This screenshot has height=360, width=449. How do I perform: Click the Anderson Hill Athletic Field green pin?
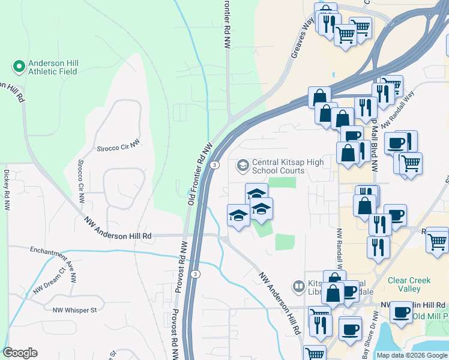pos(18,65)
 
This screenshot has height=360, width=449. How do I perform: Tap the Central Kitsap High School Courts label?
pos(288,166)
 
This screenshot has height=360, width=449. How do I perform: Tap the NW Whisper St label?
pos(74,310)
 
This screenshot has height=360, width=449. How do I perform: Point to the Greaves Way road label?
pos(303,41)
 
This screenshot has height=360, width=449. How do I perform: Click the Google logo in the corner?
pos(20,353)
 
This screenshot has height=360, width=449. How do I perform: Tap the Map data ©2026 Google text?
pos(412,355)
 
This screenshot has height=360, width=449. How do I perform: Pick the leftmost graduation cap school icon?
pos(238,215)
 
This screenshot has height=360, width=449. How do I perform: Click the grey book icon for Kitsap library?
pos(298,287)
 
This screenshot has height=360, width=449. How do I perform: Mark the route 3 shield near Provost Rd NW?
pos(195,274)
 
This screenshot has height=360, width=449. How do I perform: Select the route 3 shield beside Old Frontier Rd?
pos(214,165)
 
